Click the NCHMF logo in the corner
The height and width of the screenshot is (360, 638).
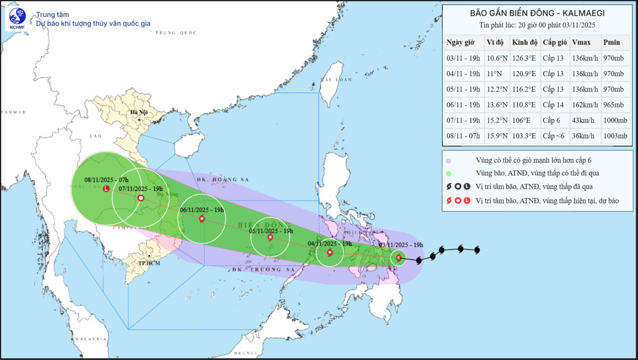(x=17, y=18)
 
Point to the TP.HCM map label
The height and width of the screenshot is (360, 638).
(x=149, y=263)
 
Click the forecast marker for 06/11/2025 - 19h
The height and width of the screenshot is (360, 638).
(x=202, y=219)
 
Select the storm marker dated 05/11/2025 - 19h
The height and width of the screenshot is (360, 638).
(x=270, y=238)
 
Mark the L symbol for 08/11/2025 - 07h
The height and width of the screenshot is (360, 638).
(x=106, y=189)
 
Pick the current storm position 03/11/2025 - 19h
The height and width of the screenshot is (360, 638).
(x=398, y=258)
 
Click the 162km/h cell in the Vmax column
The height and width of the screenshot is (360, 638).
(x=585, y=105)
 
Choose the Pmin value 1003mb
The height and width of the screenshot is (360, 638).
(x=615, y=136)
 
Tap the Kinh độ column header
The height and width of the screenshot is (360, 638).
(x=525, y=42)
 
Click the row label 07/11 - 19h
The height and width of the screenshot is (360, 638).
(x=463, y=120)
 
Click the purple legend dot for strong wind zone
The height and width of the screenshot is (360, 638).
(x=449, y=161)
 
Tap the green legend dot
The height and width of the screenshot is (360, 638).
(x=449, y=173)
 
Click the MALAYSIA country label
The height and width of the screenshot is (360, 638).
(x=92, y=339)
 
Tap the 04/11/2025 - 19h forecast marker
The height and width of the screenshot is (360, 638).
(x=330, y=253)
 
